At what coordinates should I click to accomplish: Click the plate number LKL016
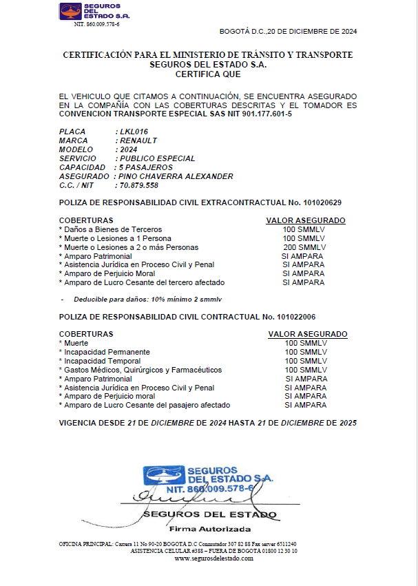pos(134,131)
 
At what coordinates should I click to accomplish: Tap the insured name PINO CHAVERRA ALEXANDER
pos(176,176)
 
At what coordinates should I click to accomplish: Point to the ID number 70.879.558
pos(139,185)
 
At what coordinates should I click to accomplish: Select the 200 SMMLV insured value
pos(304,247)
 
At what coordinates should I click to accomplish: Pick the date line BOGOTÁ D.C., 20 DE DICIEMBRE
pos(288,31)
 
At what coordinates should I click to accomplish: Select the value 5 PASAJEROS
pos(146,167)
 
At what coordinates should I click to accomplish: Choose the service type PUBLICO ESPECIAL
pos(158,158)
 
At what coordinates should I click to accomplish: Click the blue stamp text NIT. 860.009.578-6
pos(208,488)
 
